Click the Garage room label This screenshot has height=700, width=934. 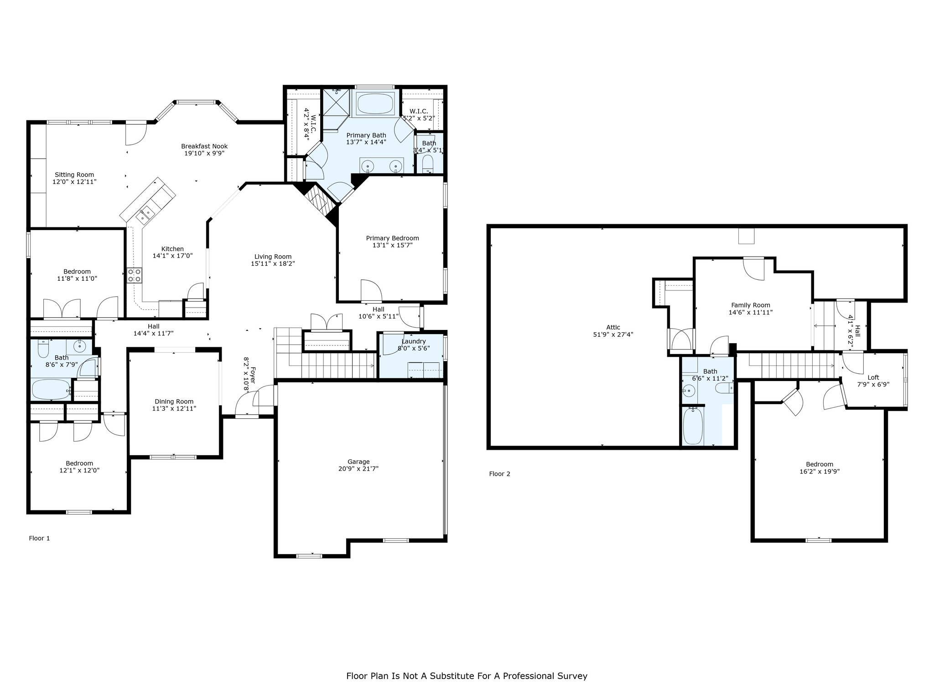(358, 462)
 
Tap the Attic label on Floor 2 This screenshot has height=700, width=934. (613, 327)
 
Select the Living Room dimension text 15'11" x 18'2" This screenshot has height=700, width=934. (273, 263)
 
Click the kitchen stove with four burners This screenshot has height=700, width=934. (135, 275)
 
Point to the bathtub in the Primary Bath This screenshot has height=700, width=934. (374, 104)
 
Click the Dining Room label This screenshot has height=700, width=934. (174, 401)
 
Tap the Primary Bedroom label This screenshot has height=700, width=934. (392, 238)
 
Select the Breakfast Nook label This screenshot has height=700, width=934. (204, 146)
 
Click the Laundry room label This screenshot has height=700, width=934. (414, 341)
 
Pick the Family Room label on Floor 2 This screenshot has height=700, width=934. (751, 305)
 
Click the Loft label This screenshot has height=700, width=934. (873, 377)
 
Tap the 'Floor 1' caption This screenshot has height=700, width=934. (39, 538)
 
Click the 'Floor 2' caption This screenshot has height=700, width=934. (499, 474)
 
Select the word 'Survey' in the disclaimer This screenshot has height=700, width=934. (571, 676)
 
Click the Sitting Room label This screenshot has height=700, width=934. (74, 175)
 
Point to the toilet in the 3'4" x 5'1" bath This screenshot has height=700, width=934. (428, 164)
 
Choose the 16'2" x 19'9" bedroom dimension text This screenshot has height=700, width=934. (819, 472)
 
